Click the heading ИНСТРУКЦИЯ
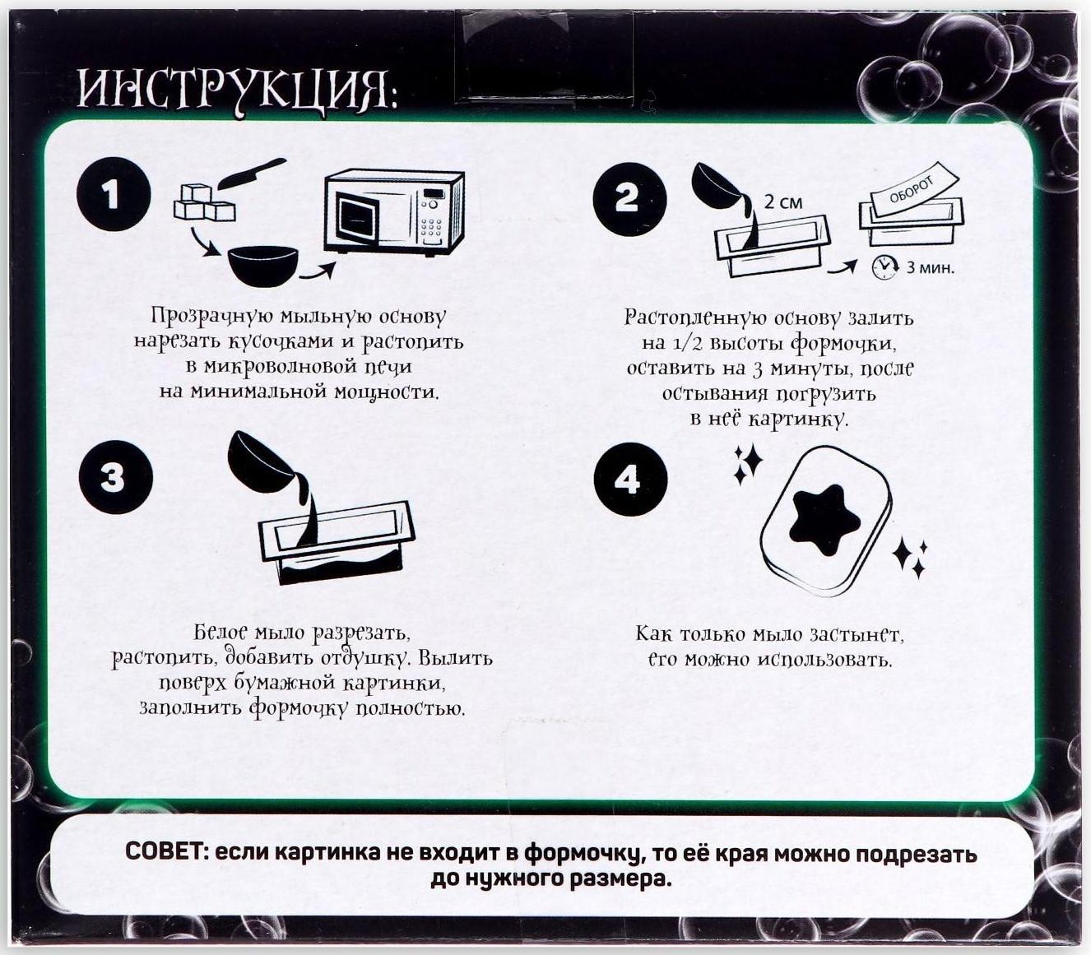click(237, 89)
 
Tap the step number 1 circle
click(113, 195)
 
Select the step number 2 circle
click(629, 199)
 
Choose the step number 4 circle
click(629, 480)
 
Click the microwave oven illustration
click(394, 212)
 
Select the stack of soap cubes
click(203, 203)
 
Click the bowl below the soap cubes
click(262, 265)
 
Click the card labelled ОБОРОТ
click(912, 195)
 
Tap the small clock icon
click(884, 267)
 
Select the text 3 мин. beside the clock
click(930, 267)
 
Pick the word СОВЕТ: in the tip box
click(168, 852)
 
